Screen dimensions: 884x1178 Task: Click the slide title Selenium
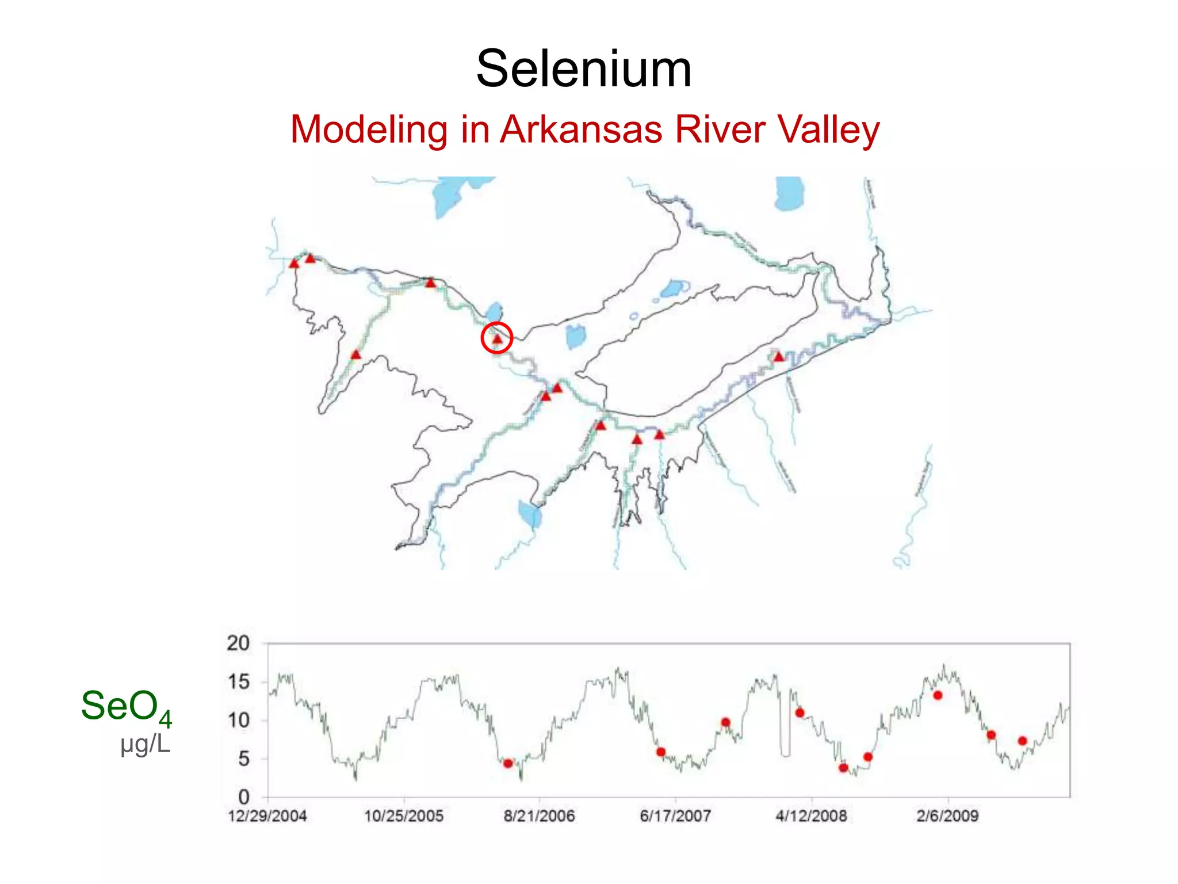click(584, 69)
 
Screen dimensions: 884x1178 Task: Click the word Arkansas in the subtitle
click(581, 129)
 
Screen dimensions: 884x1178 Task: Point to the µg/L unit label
click(146, 744)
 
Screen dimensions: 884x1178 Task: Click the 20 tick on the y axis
click(238, 643)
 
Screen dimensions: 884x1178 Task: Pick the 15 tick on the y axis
click(238, 682)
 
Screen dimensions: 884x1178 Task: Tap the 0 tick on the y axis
click(244, 798)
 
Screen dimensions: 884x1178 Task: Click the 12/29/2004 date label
click(267, 816)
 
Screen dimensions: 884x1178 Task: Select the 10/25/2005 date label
click(404, 816)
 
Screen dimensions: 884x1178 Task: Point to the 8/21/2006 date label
click(540, 816)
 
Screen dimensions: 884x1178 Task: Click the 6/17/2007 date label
click(675, 816)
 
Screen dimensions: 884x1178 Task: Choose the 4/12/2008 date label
click(811, 816)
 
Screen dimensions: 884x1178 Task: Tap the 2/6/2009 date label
click(947, 816)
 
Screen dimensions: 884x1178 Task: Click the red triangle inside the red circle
click(497, 340)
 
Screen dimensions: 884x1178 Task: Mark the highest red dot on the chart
click(938, 695)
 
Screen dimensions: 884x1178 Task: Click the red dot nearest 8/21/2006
click(508, 764)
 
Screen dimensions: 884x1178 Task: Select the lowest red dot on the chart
click(843, 768)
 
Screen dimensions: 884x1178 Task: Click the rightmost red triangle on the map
click(778, 357)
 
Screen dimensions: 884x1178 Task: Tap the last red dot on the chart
click(1022, 741)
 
